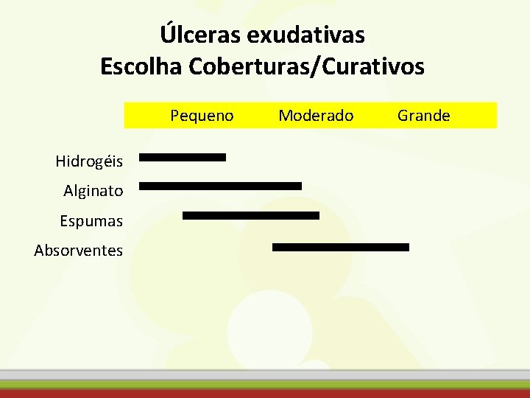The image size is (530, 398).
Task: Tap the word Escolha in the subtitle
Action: coord(142,67)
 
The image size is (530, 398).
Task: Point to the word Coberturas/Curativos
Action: coord(307,67)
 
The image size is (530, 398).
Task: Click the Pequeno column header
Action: coord(202,116)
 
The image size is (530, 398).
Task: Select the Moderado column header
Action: coord(316,116)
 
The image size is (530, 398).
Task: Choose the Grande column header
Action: coord(424,116)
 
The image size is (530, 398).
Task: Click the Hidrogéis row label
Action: coord(89,160)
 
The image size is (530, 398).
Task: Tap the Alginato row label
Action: coord(93,191)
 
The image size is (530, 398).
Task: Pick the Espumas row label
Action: coord(92,220)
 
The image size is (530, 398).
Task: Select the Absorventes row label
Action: coord(79,251)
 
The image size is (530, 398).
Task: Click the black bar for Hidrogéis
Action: coord(183,157)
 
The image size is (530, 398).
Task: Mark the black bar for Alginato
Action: coord(220,186)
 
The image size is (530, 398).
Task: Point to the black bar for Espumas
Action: coord(251,216)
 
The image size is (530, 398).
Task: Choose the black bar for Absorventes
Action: coord(340,248)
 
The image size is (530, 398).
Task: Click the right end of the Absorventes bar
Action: coord(406,248)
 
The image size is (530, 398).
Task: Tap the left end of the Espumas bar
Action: coord(185,216)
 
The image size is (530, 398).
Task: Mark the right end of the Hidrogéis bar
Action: coord(224,157)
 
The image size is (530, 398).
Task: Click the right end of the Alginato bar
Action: coord(300,186)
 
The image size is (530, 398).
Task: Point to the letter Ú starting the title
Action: coord(168,34)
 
